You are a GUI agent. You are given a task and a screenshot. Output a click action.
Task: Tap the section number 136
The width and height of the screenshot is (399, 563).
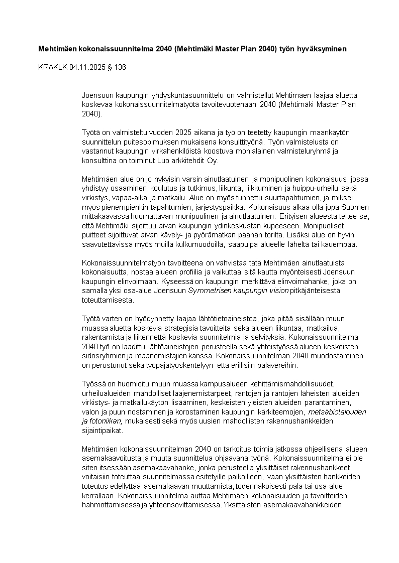coord(120,68)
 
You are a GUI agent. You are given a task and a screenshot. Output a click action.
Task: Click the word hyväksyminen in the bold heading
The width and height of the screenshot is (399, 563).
coord(322,49)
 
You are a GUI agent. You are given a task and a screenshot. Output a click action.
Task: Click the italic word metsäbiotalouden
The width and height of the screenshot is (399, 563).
coord(338,412)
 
